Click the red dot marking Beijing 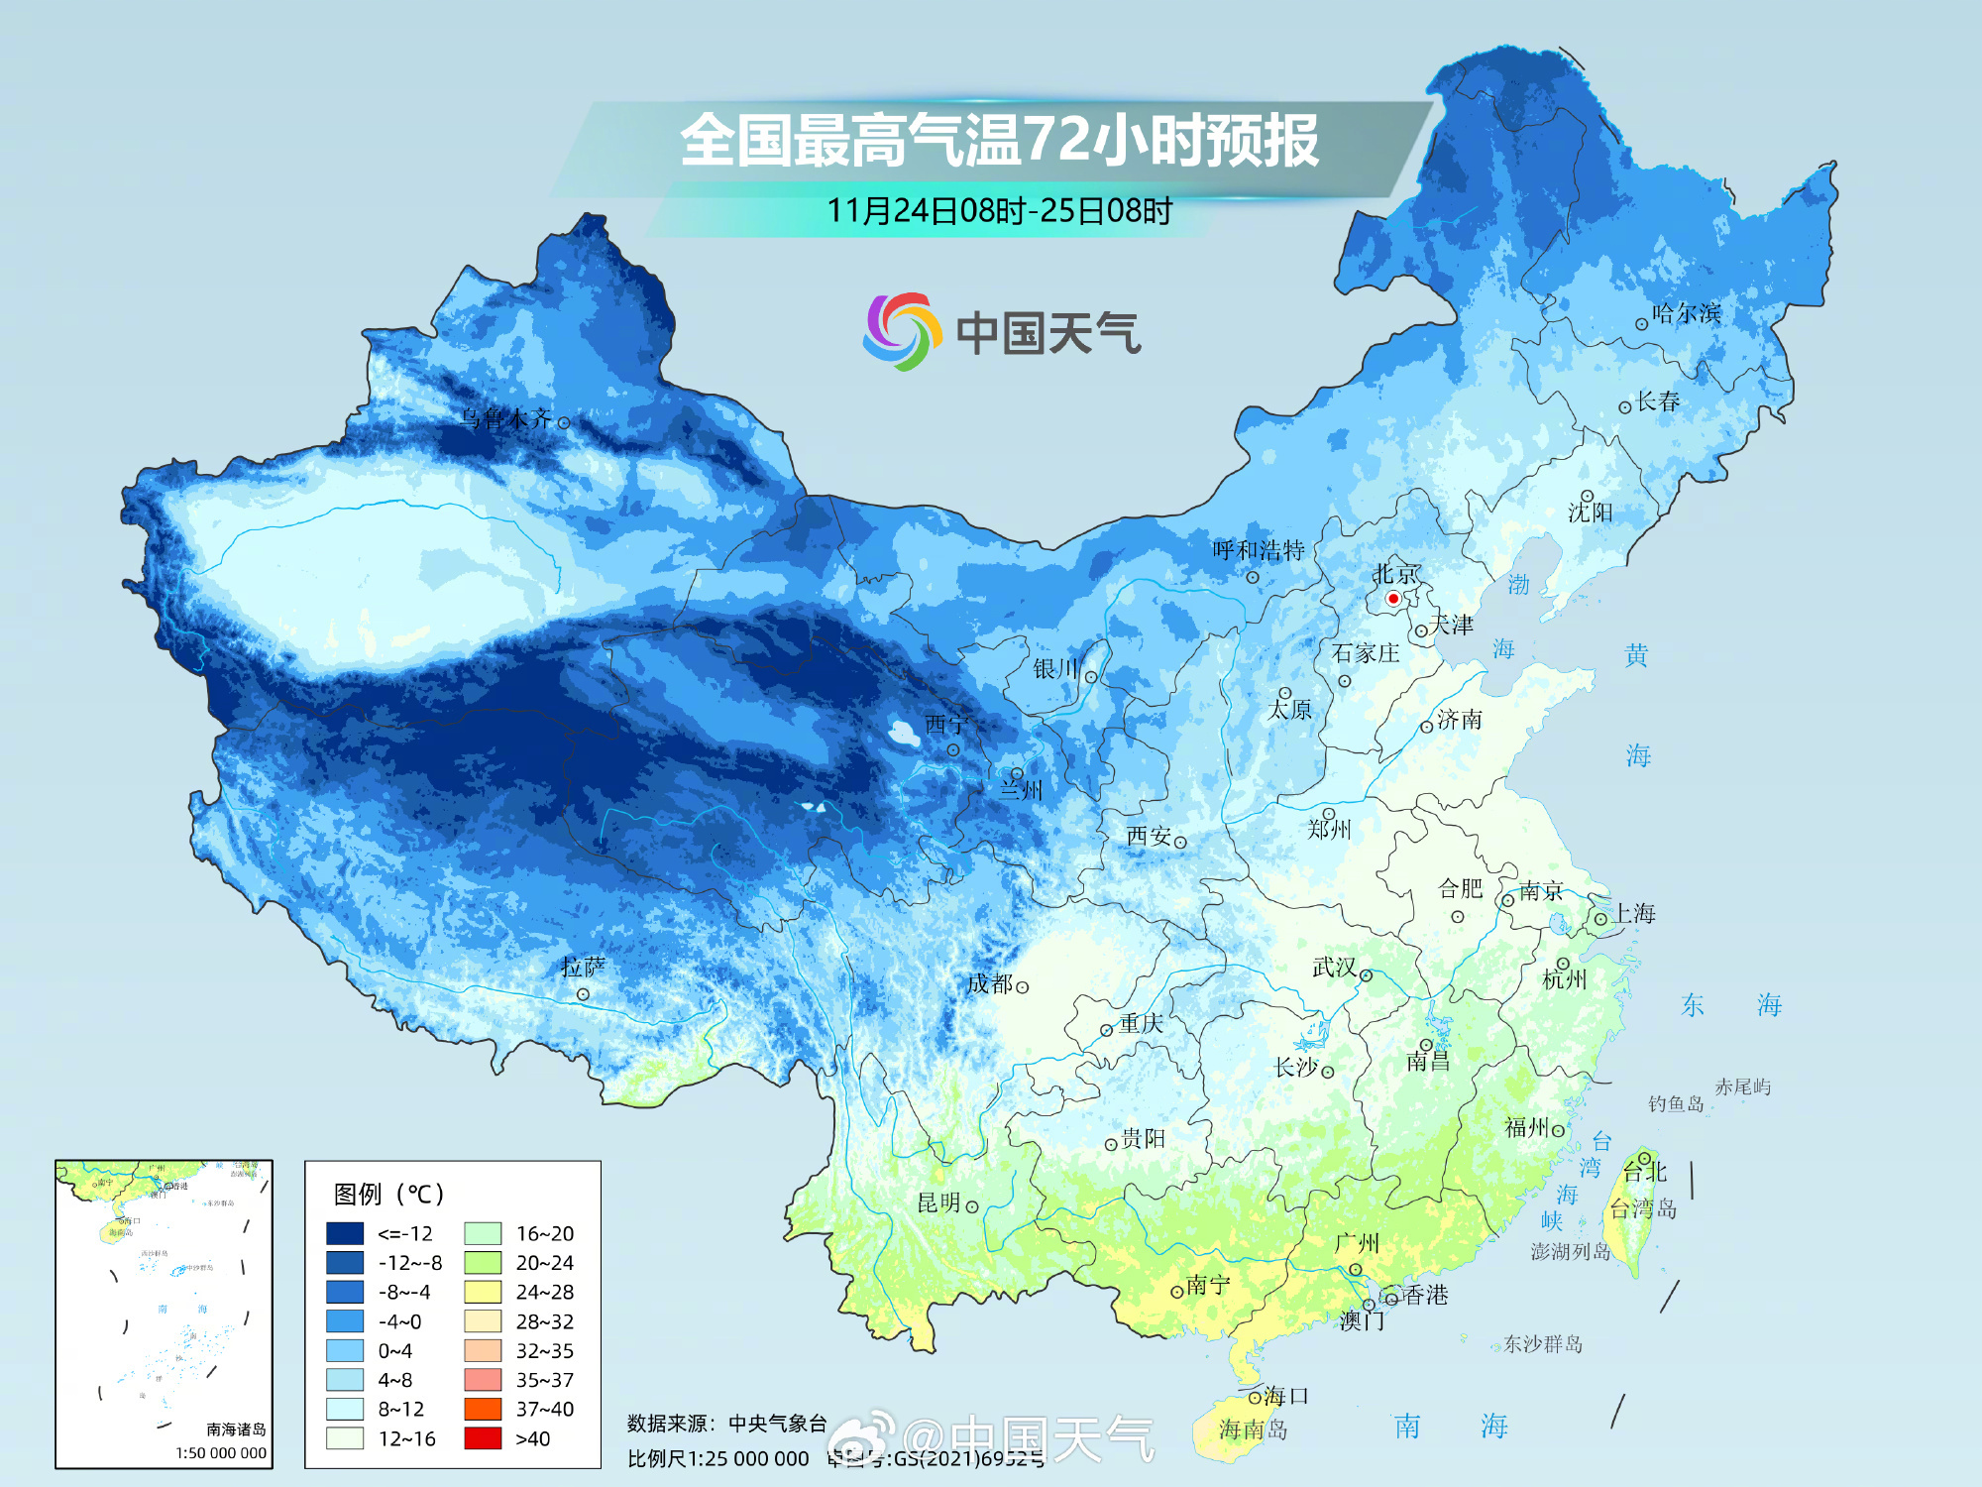click(x=1392, y=599)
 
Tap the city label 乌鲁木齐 click(x=505, y=419)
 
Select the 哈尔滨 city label click(x=1686, y=314)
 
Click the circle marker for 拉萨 click(x=583, y=994)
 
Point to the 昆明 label click(x=938, y=1203)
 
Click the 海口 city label click(x=1286, y=1396)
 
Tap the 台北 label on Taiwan click(x=1645, y=1172)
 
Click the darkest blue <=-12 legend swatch click(x=345, y=1233)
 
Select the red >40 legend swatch click(x=483, y=1438)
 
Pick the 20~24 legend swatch click(x=483, y=1263)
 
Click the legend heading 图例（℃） click(x=389, y=1195)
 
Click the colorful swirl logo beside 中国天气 click(x=900, y=331)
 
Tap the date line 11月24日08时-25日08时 click(x=999, y=211)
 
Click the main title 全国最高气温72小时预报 click(x=999, y=141)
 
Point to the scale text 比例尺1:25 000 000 click(x=718, y=1459)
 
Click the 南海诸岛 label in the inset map click(x=236, y=1430)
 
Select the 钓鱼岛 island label click(x=1675, y=1104)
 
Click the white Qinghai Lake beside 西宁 click(x=903, y=734)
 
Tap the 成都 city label click(x=989, y=984)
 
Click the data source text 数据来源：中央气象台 click(x=726, y=1424)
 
